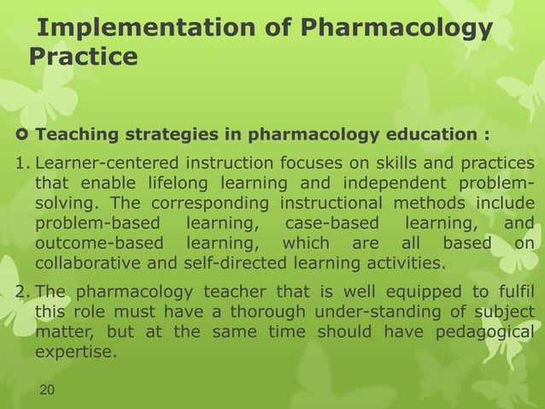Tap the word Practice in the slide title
pyautogui.click(x=83, y=57)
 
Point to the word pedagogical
pyautogui.click(x=488, y=333)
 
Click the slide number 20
pyautogui.click(x=51, y=390)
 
